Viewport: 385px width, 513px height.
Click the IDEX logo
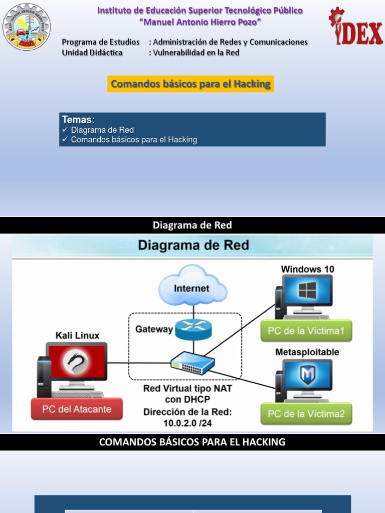click(x=355, y=27)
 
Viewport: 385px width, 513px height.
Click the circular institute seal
click(x=27, y=27)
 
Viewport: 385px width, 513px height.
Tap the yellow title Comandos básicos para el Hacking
click(x=190, y=84)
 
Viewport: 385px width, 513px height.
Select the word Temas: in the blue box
click(x=78, y=120)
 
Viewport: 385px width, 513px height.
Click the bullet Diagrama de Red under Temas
click(x=102, y=130)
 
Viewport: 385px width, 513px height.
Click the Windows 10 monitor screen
click(x=307, y=291)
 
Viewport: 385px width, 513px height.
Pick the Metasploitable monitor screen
click(x=307, y=375)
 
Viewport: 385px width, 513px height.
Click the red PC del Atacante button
click(x=77, y=409)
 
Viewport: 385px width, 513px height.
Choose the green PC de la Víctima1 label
click(x=306, y=331)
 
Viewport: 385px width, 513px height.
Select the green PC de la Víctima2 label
click(x=306, y=414)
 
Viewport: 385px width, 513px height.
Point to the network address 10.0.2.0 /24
click(x=187, y=423)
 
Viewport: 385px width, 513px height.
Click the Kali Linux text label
click(x=77, y=335)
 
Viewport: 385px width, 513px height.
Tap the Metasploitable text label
click(x=307, y=352)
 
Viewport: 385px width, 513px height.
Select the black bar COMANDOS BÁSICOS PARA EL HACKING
click(x=192, y=442)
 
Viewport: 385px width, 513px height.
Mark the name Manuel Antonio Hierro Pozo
click(x=200, y=22)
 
